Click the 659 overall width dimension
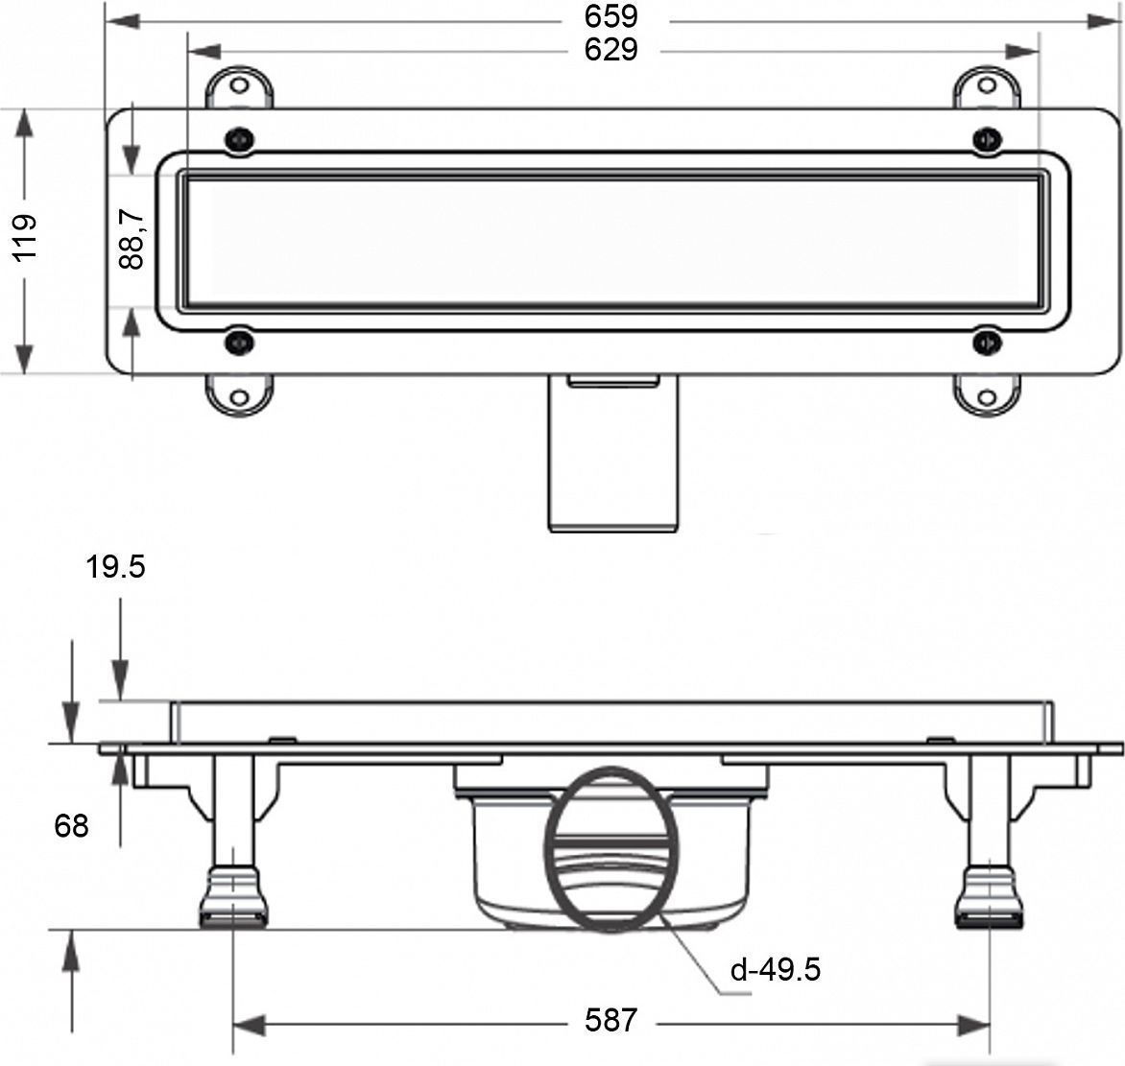click(610, 15)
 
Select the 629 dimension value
click(610, 50)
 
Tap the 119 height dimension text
click(25, 237)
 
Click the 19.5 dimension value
click(115, 567)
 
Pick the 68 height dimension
click(71, 826)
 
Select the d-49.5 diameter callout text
click(775, 970)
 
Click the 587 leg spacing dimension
click(610, 1019)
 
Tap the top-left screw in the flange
click(239, 139)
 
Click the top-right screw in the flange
click(987, 138)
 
